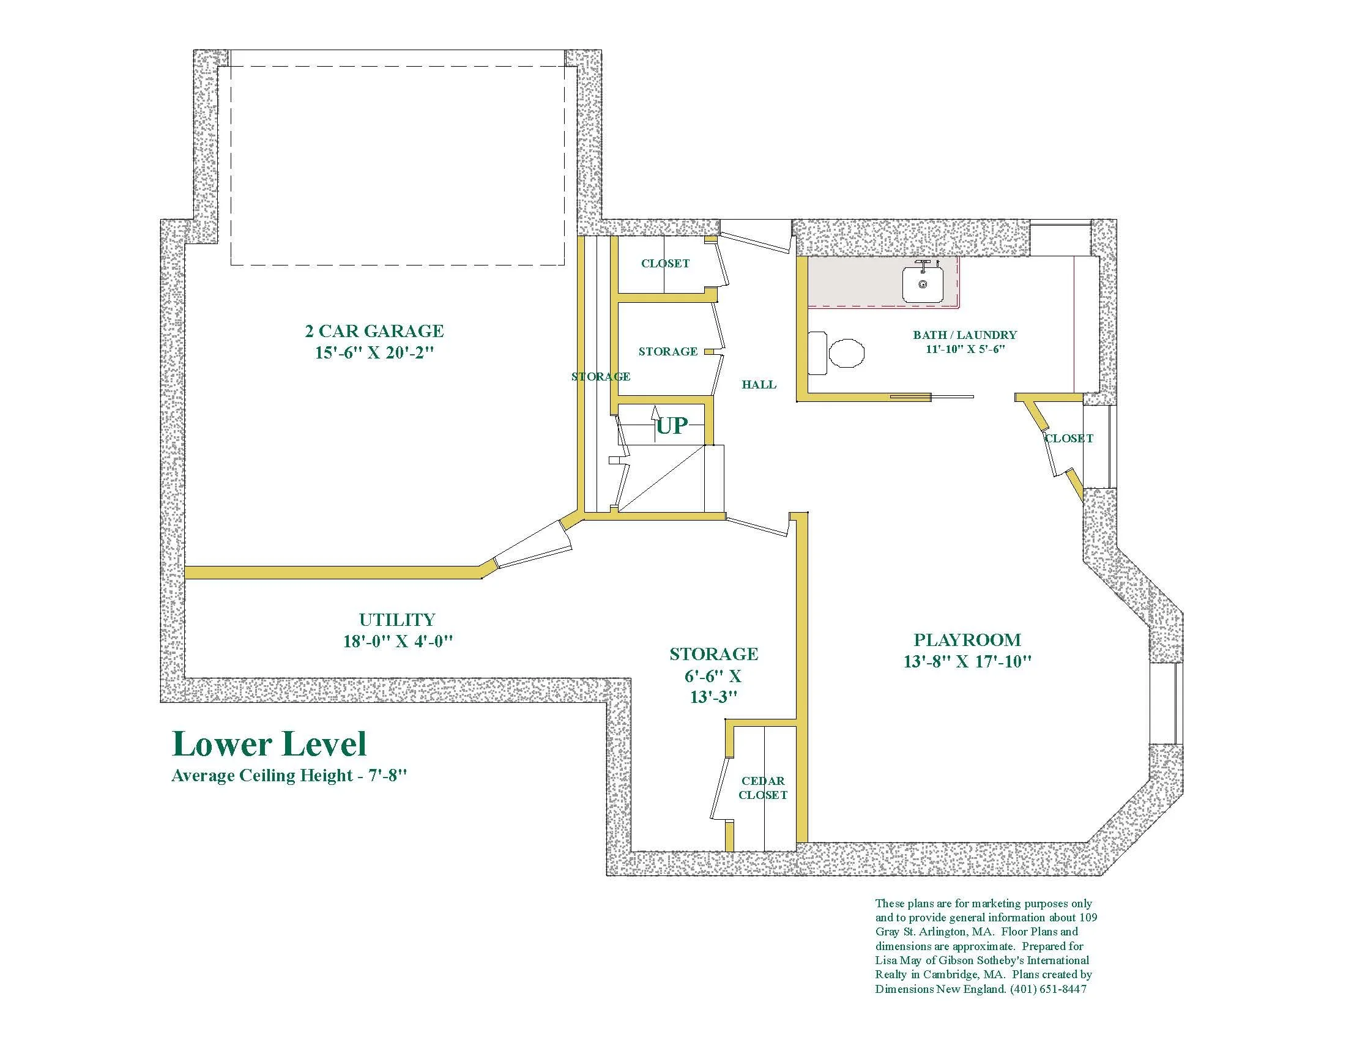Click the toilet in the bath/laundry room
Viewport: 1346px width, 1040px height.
click(836, 353)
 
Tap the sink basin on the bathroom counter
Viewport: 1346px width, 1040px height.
click(923, 284)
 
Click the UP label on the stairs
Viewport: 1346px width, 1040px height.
click(672, 425)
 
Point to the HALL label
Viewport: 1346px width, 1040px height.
click(759, 384)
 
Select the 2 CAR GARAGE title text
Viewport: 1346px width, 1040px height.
click(374, 331)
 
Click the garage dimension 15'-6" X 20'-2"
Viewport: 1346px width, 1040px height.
click(374, 353)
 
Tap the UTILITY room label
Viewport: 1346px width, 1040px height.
click(398, 619)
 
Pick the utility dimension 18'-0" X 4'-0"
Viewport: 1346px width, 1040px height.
click(398, 641)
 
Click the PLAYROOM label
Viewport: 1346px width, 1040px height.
click(967, 639)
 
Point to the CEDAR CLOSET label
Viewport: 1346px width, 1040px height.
click(763, 788)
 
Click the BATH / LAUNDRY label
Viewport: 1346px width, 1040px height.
click(965, 335)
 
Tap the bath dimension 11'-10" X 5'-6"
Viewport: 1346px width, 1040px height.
click(965, 349)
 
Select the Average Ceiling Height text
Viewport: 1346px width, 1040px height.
click(289, 775)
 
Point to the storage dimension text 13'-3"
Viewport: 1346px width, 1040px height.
click(713, 697)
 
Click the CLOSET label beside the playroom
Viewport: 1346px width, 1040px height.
click(1069, 438)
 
